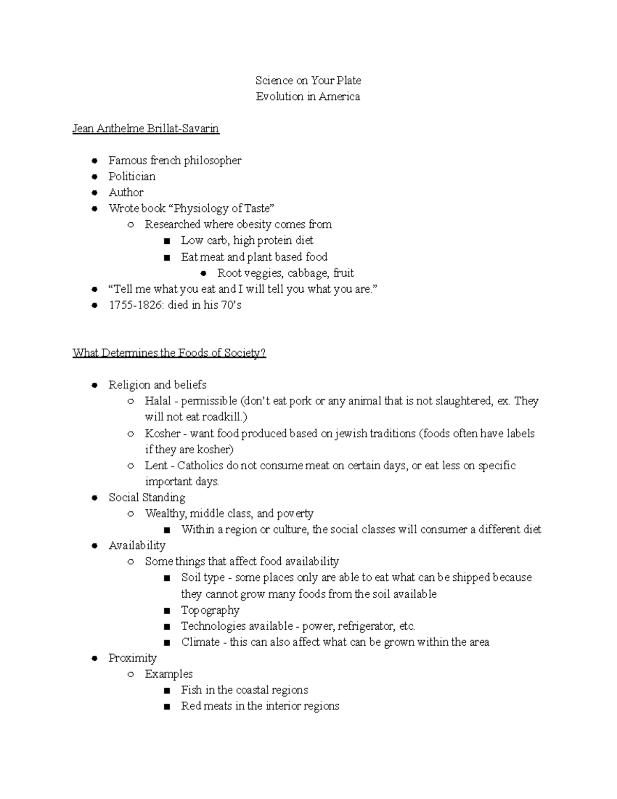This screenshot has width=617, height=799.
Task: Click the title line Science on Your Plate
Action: click(x=308, y=80)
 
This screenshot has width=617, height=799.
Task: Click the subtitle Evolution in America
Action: click(x=308, y=96)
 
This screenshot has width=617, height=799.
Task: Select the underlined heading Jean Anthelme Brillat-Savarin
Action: click(x=146, y=129)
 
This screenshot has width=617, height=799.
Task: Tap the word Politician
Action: click(x=132, y=176)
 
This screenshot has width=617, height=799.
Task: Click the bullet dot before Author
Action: click(x=94, y=193)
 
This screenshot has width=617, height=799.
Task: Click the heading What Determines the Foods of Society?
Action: click(x=169, y=353)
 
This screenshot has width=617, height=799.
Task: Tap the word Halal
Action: click(x=157, y=401)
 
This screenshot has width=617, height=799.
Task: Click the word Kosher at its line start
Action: click(x=162, y=434)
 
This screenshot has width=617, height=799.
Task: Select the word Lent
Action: click(x=156, y=466)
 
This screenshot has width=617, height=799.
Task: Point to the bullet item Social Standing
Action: click(x=147, y=498)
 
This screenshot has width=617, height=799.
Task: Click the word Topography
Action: click(x=210, y=610)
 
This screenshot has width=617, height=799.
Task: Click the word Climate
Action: click(x=200, y=642)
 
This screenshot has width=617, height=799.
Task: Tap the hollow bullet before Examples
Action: click(x=131, y=674)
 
